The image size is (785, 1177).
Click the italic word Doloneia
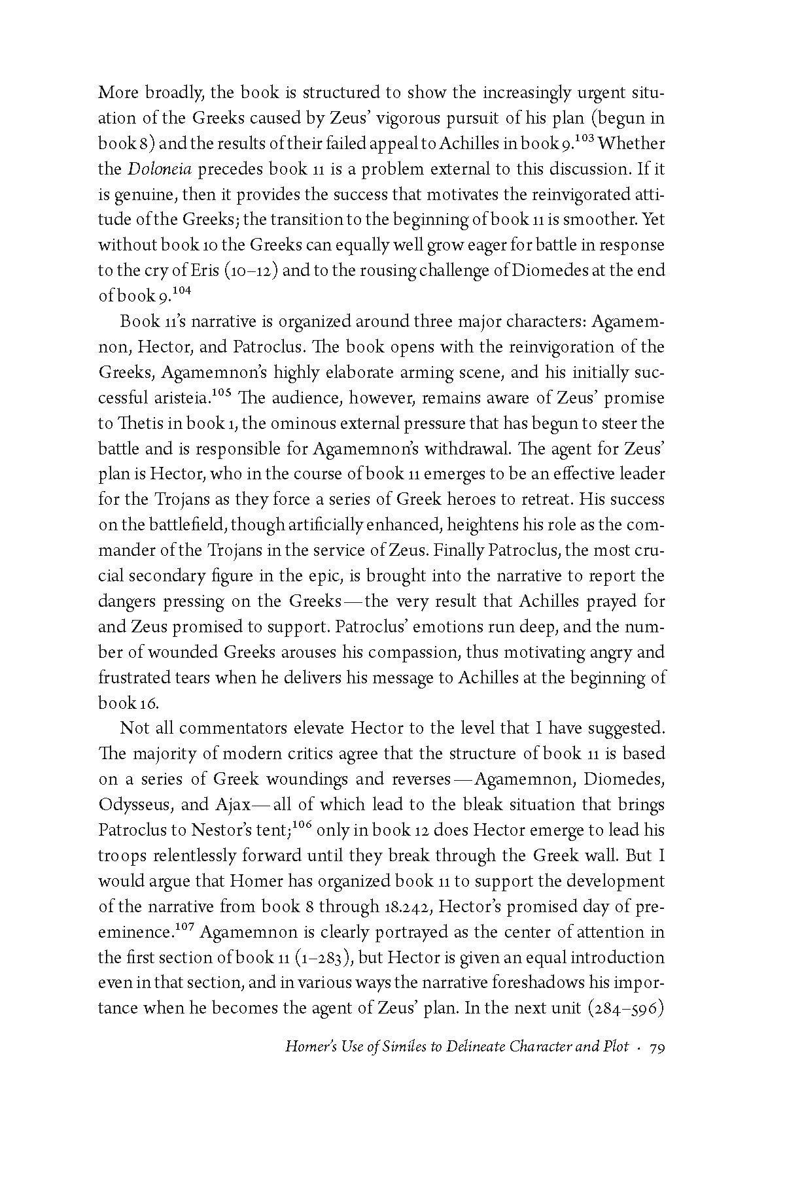pyautogui.click(x=156, y=169)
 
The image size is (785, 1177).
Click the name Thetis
pyautogui.click(x=140, y=424)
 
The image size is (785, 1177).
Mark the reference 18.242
pyautogui.click(x=408, y=907)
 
